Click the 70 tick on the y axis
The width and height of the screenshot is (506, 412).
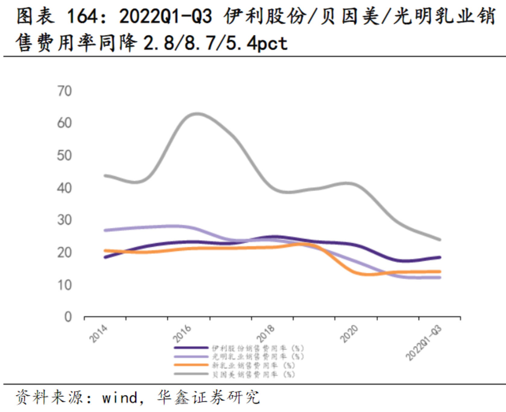(x=64, y=91)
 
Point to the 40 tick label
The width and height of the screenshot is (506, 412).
(x=64, y=188)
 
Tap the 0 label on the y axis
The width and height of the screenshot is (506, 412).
(x=68, y=317)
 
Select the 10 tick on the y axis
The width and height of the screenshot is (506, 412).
(x=64, y=285)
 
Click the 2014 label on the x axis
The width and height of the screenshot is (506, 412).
(x=99, y=333)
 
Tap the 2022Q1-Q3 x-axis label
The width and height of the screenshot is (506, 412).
(x=423, y=343)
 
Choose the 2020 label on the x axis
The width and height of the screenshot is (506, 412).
(x=349, y=333)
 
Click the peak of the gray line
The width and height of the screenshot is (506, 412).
(x=196, y=114)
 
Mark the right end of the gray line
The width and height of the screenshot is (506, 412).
(x=440, y=240)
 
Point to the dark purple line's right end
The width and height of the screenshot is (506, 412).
(x=440, y=257)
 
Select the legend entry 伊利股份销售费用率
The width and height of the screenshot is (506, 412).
(x=258, y=348)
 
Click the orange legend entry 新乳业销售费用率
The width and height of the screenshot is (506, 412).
(x=253, y=365)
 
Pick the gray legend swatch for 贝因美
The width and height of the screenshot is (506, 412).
(x=191, y=374)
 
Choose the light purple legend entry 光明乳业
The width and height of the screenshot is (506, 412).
(x=258, y=357)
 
